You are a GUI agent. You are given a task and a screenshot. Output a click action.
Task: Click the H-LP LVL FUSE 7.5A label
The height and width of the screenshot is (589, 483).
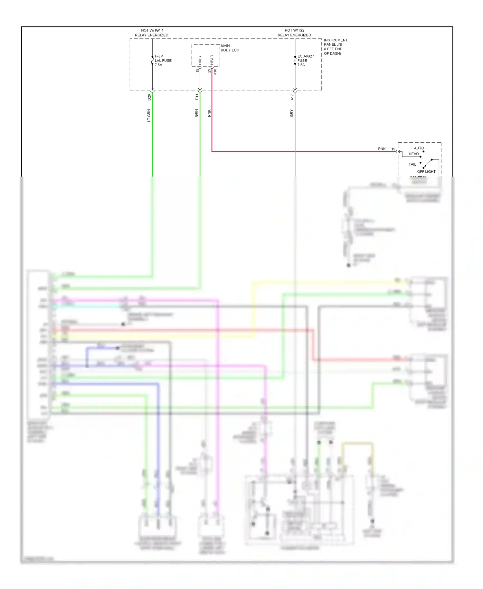pyautogui.click(x=163, y=61)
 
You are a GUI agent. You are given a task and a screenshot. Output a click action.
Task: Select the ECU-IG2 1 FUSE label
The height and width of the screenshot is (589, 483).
pyautogui.click(x=305, y=61)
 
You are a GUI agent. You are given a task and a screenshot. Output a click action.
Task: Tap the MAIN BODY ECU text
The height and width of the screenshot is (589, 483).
pyautogui.click(x=230, y=48)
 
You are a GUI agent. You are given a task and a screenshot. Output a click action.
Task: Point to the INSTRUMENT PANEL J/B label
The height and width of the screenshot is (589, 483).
pyautogui.click(x=335, y=47)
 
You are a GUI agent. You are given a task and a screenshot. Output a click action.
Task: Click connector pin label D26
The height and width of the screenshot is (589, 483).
pyautogui.click(x=149, y=97)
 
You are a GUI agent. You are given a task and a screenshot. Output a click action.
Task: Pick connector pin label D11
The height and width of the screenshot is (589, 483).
pyautogui.click(x=197, y=97)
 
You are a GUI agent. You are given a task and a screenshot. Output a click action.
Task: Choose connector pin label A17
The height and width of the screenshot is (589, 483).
pyautogui.click(x=292, y=97)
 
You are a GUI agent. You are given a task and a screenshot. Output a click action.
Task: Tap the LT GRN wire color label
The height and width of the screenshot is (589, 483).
pyautogui.click(x=149, y=116)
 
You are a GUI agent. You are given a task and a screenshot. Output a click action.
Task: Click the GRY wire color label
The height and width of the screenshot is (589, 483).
pyautogui.click(x=292, y=113)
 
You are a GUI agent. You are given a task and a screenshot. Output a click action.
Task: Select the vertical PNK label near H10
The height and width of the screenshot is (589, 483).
pyautogui.click(x=209, y=113)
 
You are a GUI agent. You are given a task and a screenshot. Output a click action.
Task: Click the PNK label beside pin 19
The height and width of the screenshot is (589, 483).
pyautogui.click(x=382, y=149)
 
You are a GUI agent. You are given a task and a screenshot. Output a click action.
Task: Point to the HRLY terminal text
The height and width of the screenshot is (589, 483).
pyautogui.click(x=200, y=61)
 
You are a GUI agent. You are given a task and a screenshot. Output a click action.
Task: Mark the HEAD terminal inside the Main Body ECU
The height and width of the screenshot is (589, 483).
pyautogui.click(x=212, y=60)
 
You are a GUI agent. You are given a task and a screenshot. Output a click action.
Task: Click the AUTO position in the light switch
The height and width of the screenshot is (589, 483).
pyautogui.click(x=419, y=148)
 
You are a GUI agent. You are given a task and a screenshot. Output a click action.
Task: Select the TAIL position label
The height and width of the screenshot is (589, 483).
pyautogui.click(x=412, y=164)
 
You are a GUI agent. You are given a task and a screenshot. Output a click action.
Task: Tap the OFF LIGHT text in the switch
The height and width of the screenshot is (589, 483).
pyautogui.click(x=426, y=172)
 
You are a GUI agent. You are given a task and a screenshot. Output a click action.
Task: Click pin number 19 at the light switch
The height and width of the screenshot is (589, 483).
pyautogui.click(x=393, y=149)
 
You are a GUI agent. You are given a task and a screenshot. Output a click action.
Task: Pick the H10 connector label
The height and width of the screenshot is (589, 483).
pyautogui.click(x=215, y=72)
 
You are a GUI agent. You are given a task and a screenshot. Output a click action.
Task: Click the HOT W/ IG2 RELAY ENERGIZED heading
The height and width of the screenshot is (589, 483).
pyautogui.click(x=294, y=33)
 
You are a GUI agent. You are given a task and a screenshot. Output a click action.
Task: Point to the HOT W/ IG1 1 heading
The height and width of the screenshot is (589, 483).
pyautogui.click(x=152, y=30)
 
